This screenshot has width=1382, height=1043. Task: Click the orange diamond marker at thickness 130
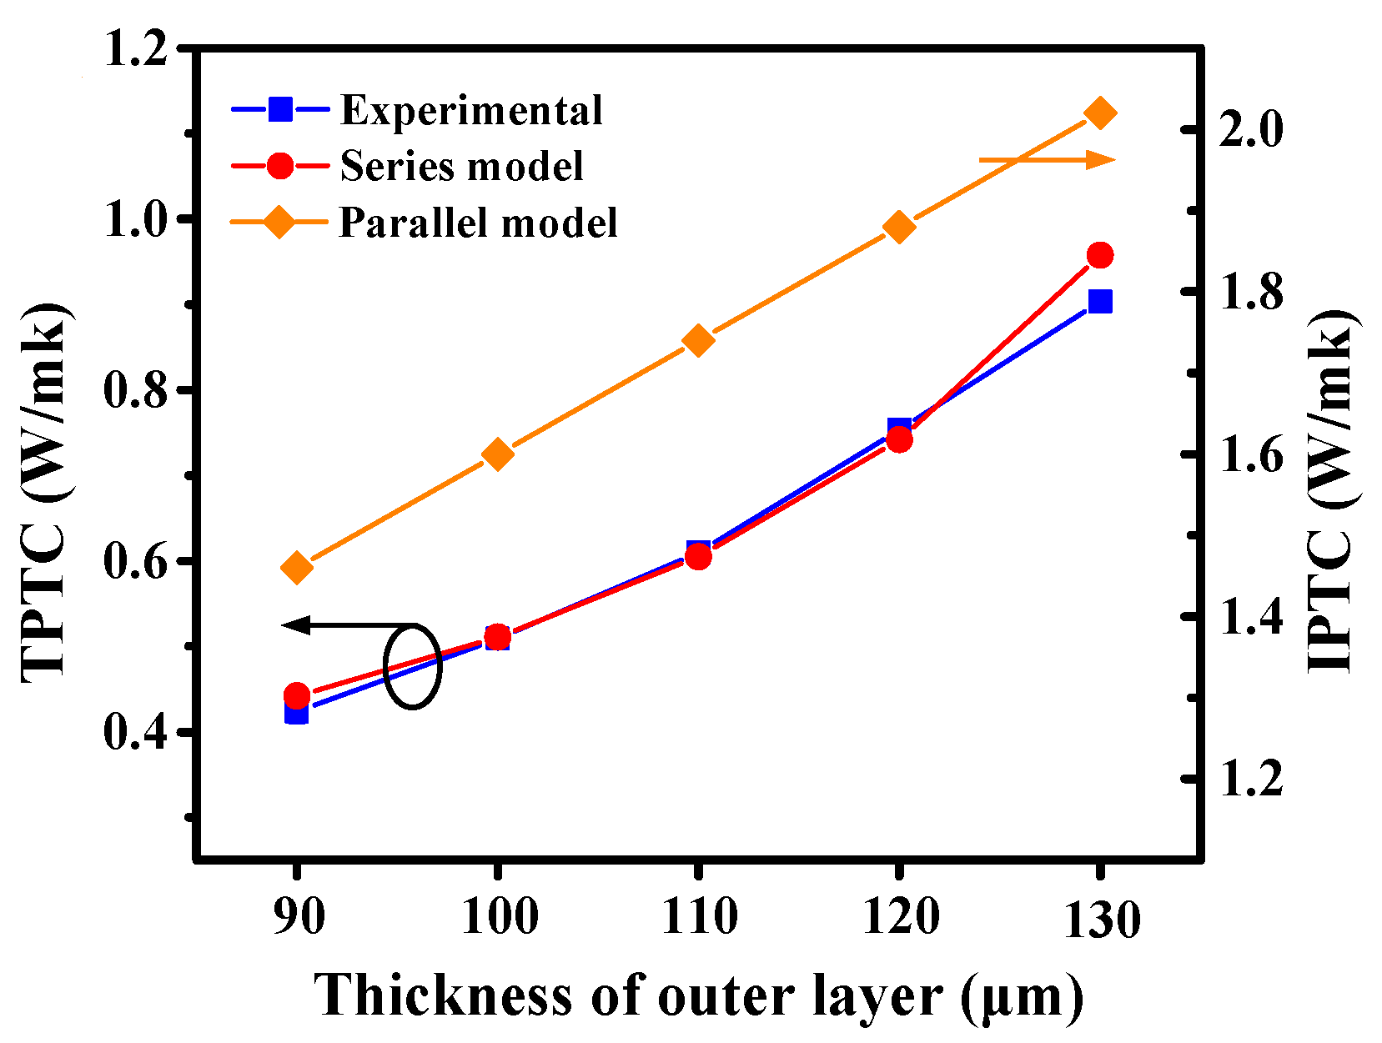pos(1100,113)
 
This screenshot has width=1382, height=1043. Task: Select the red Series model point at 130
pos(1100,255)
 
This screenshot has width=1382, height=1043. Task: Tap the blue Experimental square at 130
pos(1100,301)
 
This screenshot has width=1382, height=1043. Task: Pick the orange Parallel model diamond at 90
pos(296,568)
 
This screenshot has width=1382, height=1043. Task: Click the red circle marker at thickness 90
pos(296,694)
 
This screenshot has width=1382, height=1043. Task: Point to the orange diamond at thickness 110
pos(698,341)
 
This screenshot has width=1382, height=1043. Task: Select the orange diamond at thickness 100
pos(497,454)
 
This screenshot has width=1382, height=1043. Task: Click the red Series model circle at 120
pos(899,439)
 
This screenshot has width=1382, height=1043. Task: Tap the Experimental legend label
pos(471,110)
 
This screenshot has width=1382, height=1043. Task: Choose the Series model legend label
pos(461,166)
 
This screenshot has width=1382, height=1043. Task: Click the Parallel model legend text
pos(478,223)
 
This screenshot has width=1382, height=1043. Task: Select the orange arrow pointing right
pos(1047,159)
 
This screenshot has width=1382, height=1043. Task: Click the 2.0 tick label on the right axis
pos(1249,130)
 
